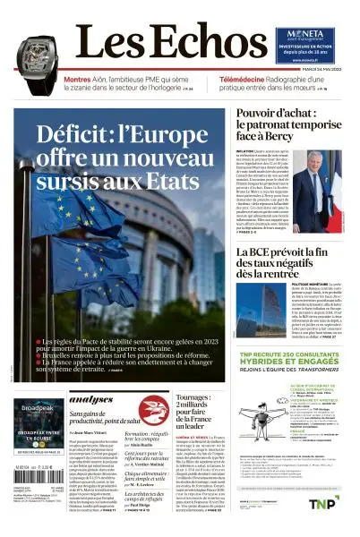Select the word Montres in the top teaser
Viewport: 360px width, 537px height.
click(x=77, y=80)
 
